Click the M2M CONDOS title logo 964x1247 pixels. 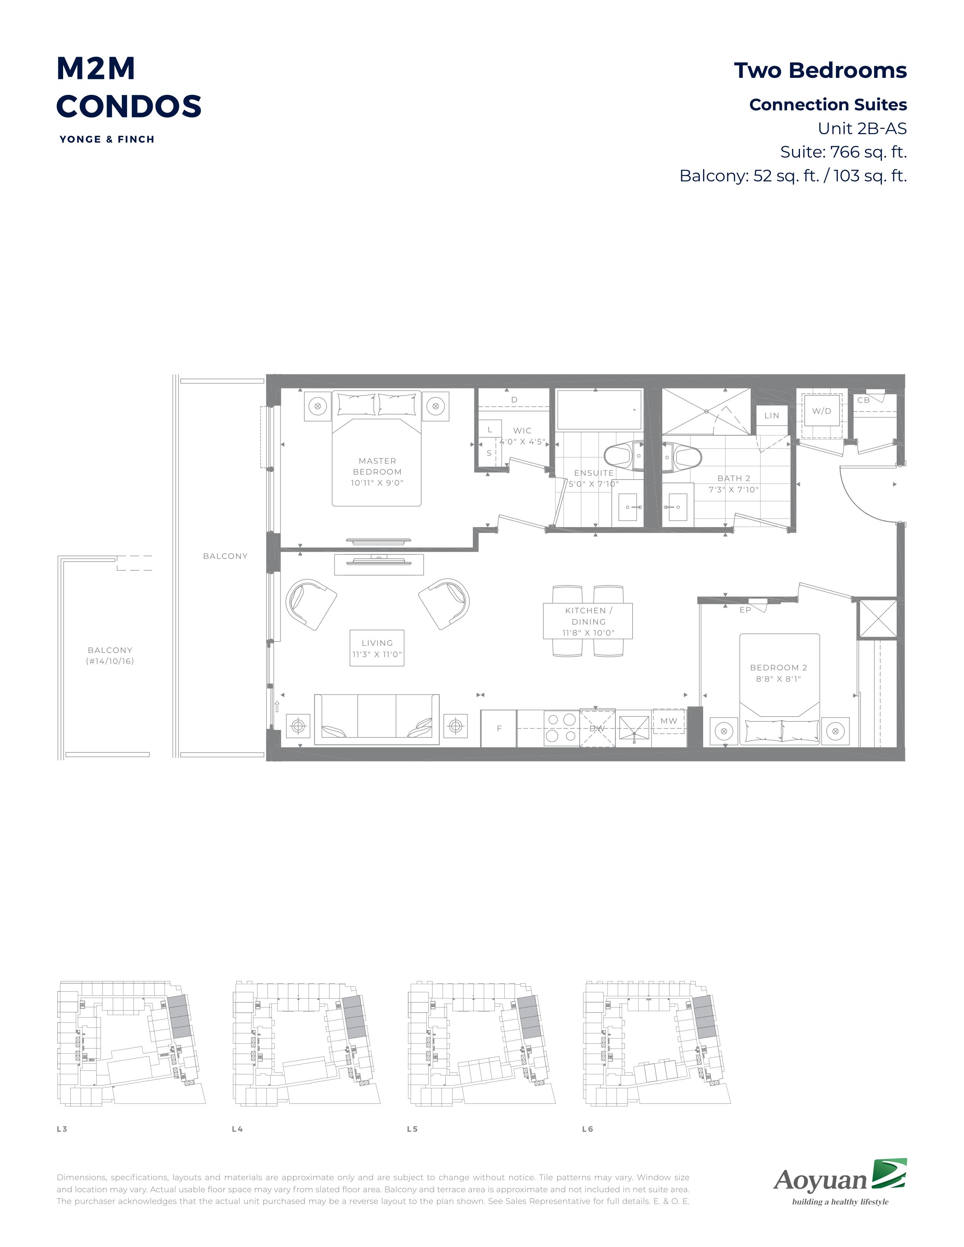pos(129,87)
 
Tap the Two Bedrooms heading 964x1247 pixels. pos(820,70)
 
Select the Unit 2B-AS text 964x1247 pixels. pos(862,128)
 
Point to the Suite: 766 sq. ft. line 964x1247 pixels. pos(843,152)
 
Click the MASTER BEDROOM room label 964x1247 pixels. pos(377,472)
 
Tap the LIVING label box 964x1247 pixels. pos(377,648)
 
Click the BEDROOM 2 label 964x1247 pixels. pos(778,673)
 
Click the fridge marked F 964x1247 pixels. pos(499,728)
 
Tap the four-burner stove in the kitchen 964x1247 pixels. pos(561,728)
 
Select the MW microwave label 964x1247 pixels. pos(669,721)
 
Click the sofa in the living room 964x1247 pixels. pos(377,719)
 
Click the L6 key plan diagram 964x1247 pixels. pos(657,1043)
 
